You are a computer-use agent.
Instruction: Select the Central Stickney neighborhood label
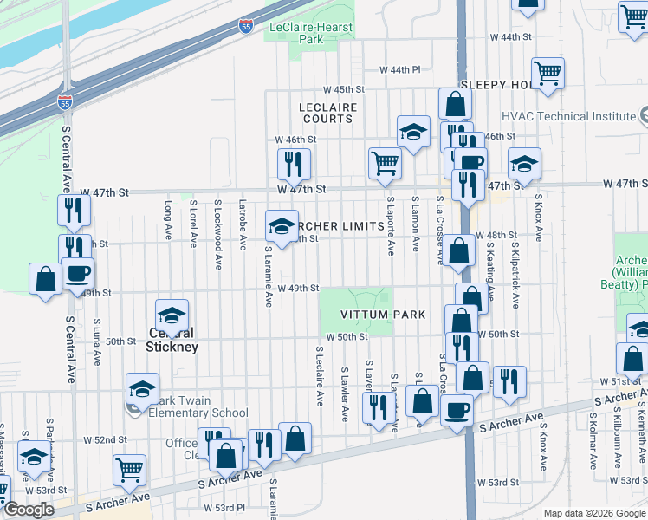click(172, 340)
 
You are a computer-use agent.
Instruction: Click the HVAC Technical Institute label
click(568, 116)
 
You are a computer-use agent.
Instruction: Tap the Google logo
click(29, 510)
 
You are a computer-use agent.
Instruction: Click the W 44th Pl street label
click(399, 70)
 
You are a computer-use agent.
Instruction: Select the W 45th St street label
click(344, 89)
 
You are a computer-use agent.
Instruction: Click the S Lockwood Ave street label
click(217, 221)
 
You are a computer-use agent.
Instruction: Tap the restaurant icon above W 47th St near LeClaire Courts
click(294, 162)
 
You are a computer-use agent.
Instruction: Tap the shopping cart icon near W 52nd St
click(130, 469)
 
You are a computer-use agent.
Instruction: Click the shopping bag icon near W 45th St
click(455, 104)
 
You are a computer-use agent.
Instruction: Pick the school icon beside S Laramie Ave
click(282, 225)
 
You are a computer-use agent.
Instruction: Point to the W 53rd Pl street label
click(224, 508)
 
